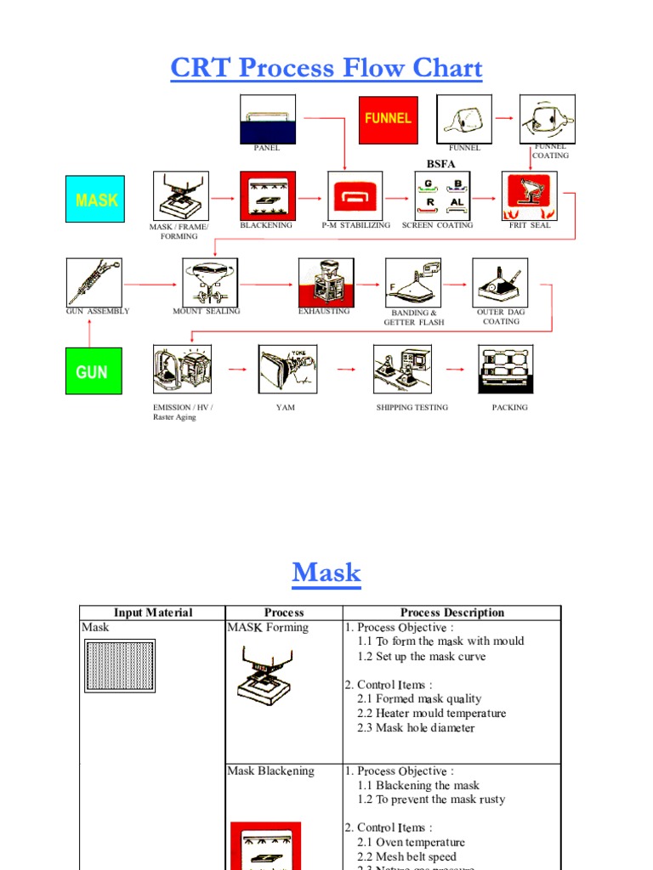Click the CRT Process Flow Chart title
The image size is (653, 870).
click(326, 68)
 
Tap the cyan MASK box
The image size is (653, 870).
click(95, 200)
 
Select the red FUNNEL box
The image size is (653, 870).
click(387, 119)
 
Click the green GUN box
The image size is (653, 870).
click(92, 371)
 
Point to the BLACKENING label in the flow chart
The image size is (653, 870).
click(266, 225)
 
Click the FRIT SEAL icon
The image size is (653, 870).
click(530, 195)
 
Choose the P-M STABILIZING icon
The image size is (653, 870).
click(356, 195)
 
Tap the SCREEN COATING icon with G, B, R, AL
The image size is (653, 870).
click(441, 195)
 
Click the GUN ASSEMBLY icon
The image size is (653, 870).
click(94, 281)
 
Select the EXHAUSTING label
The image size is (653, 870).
click(324, 312)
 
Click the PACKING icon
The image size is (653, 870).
click(507, 369)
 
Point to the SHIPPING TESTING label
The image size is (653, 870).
click(412, 408)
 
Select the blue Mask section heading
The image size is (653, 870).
click(326, 573)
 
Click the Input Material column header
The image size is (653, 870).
click(153, 613)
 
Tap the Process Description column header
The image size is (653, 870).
click(451, 613)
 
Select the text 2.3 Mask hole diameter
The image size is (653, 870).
click(416, 728)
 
